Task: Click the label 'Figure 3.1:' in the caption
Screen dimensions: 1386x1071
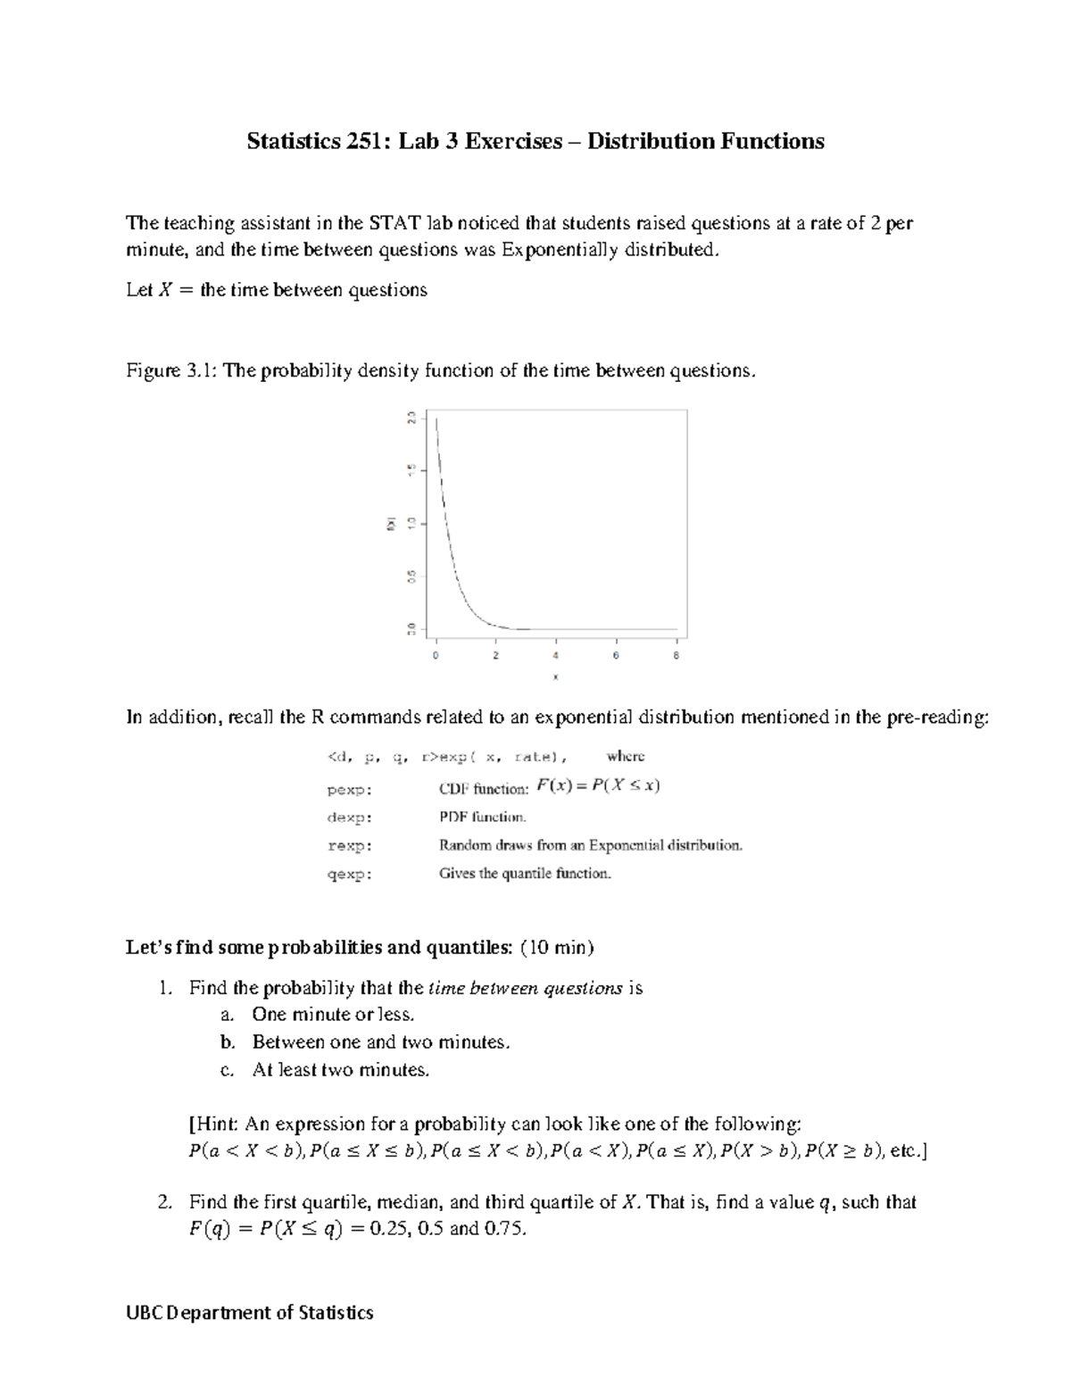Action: pos(171,371)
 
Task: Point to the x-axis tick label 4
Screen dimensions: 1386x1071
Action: pos(556,656)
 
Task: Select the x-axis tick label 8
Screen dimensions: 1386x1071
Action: pos(676,656)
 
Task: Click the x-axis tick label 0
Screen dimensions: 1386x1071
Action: pos(436,656)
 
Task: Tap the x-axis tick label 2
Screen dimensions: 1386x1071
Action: pos(495,656)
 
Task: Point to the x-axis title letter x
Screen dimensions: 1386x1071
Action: pos(555,677)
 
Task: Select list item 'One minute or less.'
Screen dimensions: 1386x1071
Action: pos(333,1015)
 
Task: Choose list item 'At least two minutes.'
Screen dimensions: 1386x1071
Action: pos(341,1070)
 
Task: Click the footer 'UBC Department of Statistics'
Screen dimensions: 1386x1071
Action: pos(250,1313)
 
